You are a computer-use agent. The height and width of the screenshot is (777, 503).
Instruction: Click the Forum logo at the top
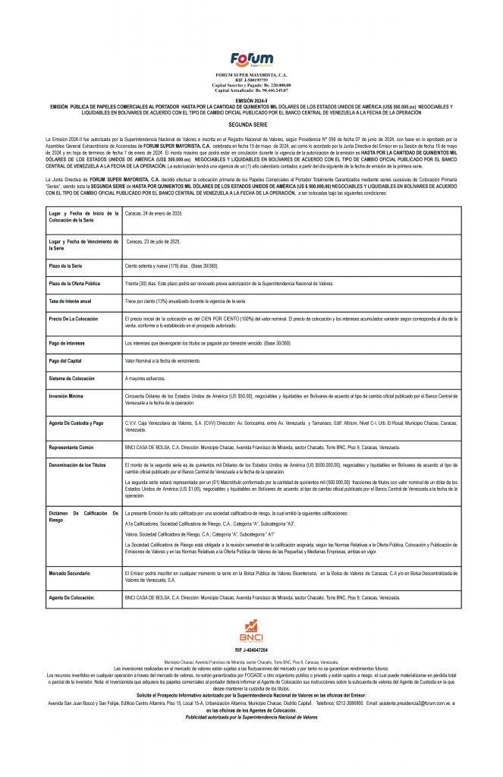[251, 59]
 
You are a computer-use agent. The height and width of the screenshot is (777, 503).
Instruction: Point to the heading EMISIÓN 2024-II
[251, 100]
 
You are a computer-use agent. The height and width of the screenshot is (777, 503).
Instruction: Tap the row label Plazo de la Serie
[67, 267]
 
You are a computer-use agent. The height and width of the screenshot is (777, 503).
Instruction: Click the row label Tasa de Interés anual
[71, 301]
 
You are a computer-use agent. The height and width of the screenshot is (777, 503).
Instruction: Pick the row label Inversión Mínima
[67, 395]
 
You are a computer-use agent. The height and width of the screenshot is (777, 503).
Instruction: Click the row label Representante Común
[73, 447]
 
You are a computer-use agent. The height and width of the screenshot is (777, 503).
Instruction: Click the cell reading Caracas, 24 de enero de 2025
[154, 215]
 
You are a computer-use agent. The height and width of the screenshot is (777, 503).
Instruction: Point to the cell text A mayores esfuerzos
[146, 377]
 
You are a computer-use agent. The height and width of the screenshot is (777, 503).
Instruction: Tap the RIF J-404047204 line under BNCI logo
[251, 650]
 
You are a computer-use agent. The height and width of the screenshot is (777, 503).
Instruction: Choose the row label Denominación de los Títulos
[77, 464]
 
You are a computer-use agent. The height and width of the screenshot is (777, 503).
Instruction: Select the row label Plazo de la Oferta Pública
[76, 283]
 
